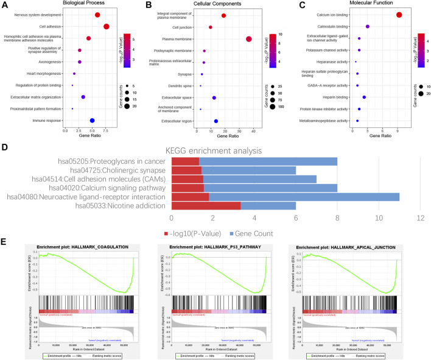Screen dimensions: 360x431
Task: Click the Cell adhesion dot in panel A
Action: pos(107,26)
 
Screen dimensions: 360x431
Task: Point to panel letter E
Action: pos(5,242)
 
